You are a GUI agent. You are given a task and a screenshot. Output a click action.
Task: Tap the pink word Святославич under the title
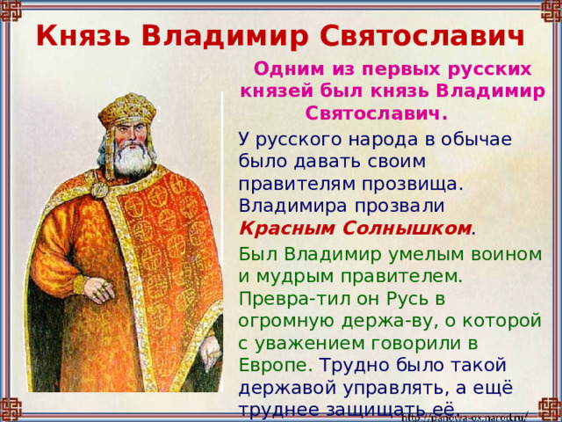(x=375, y=113)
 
